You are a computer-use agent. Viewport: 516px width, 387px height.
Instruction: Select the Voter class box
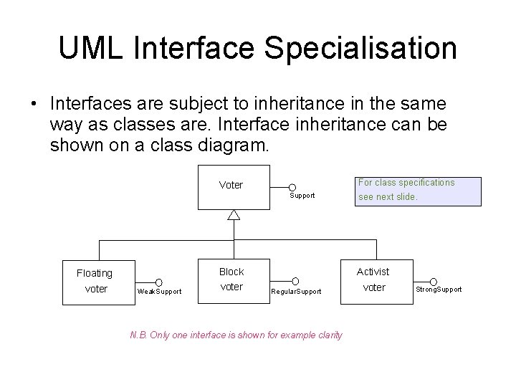[231, 186]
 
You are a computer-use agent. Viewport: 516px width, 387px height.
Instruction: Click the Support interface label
[302, 196]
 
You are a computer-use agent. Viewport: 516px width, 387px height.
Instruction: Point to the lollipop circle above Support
[292, 187]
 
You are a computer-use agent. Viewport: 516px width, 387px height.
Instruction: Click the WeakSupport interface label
[159, 291]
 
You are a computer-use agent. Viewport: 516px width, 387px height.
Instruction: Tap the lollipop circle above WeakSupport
[158, 282]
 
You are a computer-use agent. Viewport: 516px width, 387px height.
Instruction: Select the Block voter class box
[231, 279]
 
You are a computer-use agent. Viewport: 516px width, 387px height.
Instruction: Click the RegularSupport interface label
[296, 291]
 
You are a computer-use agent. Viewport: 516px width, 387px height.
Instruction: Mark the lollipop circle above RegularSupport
[295, 281]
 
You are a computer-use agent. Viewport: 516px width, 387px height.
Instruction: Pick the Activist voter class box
[373, 279]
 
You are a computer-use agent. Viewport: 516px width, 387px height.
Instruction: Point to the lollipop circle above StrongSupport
[433, 280]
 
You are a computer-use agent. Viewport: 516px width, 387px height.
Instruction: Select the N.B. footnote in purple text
[236, 335]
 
